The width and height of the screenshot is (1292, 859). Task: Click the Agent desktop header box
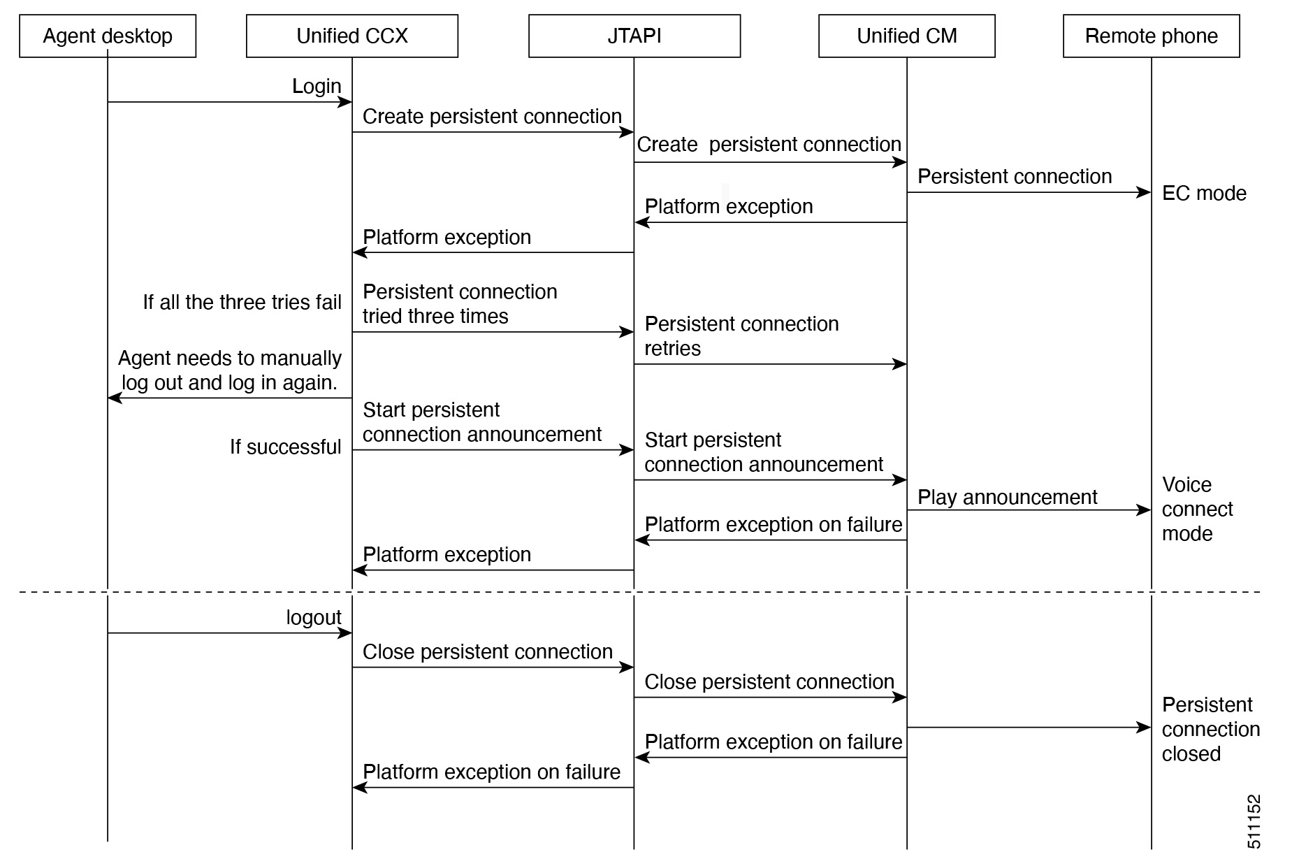click(x=108, y=36)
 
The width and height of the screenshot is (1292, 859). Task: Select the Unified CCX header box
click(x=352, y=36)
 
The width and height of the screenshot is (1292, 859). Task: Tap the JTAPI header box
click(x=634, y=36)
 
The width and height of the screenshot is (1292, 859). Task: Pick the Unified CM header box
click(x=906, y=36)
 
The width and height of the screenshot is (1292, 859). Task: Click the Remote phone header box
click(x=1151, y=36)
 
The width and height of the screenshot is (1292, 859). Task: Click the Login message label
click(x=317, y=86)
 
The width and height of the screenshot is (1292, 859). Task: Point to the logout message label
click(x=314, y=617)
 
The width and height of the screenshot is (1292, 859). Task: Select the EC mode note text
click(x=1203, y=193)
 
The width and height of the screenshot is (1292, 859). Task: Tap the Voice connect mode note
click(x=1197, y=509)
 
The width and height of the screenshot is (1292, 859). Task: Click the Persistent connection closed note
click(x=1210, y=729)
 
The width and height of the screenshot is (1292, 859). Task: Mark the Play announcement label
click(x=1007, y=497)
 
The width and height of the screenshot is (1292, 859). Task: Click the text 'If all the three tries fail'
click(x=242, y=302)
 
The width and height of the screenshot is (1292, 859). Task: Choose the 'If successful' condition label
click(x=285, y=447)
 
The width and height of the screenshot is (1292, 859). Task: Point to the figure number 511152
click(x=1254, y=821)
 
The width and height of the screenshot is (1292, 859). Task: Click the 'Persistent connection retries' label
click(x=741, y=335)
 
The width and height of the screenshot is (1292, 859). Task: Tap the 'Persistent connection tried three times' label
click(x=459, y=303)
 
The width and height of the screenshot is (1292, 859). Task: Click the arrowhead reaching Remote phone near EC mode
click(x=1145, y=192)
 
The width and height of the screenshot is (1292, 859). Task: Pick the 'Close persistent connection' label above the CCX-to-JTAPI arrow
click(x=487, y=651)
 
